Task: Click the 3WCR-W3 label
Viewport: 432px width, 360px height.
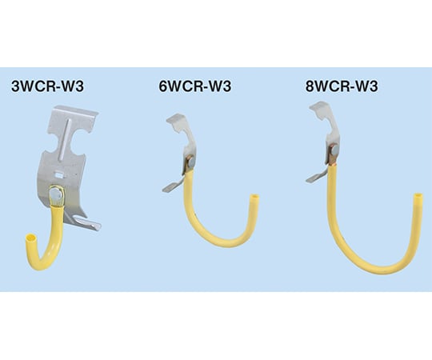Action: [47, 86]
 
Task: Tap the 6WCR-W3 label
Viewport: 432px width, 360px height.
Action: [194, 86]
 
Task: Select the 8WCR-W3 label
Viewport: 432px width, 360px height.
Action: [342, 86]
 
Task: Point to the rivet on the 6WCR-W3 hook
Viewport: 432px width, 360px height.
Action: [190, 161]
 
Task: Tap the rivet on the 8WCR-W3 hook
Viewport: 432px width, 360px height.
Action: [335, 150]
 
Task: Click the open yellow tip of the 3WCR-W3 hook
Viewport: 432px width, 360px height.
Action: [30, 237]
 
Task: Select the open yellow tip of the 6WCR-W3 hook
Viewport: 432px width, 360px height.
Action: [254, 198]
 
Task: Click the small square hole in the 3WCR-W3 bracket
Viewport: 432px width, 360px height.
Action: [58, 174]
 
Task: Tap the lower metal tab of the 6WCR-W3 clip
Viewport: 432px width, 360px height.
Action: [173, 186]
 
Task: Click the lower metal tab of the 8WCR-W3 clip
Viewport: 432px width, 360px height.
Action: [316, 176]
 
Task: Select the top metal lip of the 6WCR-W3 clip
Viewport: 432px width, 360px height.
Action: [176, 120]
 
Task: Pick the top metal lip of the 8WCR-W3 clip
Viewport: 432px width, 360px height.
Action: [319, 108]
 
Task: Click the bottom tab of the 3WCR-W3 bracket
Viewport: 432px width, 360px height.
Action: [86, 223]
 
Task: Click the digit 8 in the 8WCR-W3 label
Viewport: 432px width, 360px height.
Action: [310, 86]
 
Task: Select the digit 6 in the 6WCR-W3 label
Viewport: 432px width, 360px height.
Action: [163, 86]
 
